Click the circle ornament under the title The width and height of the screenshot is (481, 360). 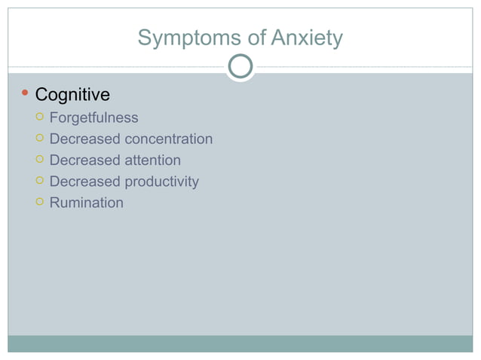point(240,67)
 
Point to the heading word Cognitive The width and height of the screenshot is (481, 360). point(72,95)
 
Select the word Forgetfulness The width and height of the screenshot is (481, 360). point(93,117)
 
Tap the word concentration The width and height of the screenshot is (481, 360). point(168,139)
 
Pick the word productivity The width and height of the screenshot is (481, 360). point(161,181)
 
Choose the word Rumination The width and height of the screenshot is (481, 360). point(86,202)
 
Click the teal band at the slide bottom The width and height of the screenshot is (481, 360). point(240,343)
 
